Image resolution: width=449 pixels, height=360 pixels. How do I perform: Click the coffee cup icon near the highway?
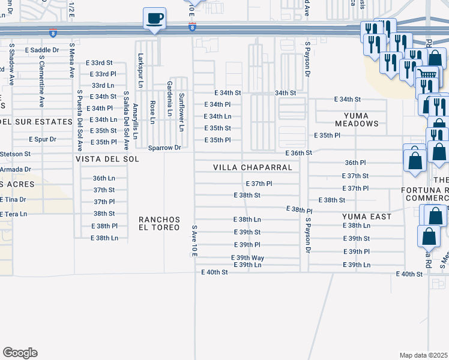point(155,18)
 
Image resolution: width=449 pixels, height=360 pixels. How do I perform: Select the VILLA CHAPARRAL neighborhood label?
point(256,167)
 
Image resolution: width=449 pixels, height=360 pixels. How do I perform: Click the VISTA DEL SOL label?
point(107,159)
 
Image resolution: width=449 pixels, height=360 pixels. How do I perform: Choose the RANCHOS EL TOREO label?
point(159,223)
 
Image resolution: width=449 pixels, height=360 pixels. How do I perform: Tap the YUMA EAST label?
point(366,216)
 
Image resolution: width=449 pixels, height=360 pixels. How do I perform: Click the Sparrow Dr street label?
point(165,148)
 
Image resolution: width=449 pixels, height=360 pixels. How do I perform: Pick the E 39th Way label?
point(248,257)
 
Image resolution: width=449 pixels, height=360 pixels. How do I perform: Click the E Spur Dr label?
point(43,139)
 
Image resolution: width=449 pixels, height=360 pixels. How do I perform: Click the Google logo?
point(20,353)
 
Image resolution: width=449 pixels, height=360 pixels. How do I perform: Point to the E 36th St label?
point(298,153)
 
